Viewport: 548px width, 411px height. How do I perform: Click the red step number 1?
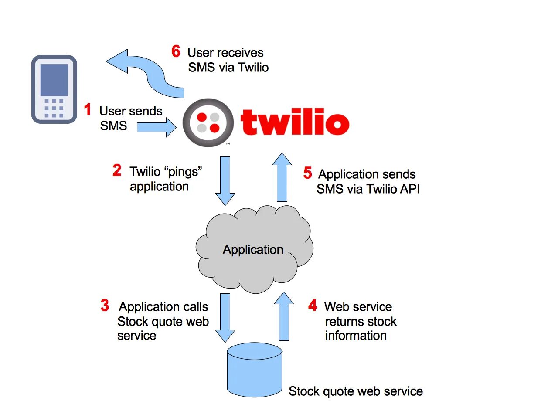[x=88, y=110]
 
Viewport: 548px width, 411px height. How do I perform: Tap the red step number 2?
[x=117, y=170]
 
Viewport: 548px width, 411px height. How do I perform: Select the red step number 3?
[x=105, y=306]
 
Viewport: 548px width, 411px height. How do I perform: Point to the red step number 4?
[x=313, y=306]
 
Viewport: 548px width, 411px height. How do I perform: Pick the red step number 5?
[x=308, y=173]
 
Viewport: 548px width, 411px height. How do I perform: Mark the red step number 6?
[x=176, y=51]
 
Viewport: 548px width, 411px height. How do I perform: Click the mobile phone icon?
[x=54, y=89]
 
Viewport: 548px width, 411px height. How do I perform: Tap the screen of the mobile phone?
[x=54, y=80]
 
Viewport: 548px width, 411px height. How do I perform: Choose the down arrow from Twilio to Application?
[x=225, y=180]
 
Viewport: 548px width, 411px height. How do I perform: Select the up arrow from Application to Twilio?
[x=282, y=177]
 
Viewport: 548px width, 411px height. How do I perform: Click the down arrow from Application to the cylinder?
[x=225, y=317]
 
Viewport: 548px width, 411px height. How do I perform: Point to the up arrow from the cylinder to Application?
[x=284, y=316]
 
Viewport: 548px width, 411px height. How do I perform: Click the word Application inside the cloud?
[x=253, y=250]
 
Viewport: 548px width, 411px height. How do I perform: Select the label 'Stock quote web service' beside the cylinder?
[x=355, y=391]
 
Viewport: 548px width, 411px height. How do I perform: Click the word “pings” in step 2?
[x=184, y=171]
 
